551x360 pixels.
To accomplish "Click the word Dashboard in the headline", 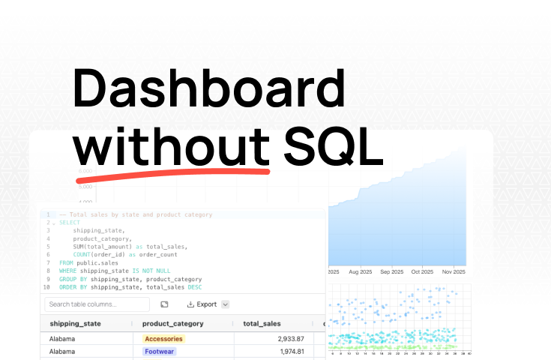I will pyautogui.click(x=210, y=89).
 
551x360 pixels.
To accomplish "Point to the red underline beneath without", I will pyautogui.click(x=172, y=173).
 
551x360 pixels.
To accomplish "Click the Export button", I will pyautogui.click(x=202, y=304).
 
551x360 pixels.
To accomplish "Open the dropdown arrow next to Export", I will pyautogui.click(x=226, y=304).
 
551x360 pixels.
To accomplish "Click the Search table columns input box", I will pyautogui.click(x=97, y=304).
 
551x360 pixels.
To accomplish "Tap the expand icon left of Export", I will pyautogui.click(x=164, y=304).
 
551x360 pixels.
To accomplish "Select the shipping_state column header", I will pyautogui.click(x=75, y=324).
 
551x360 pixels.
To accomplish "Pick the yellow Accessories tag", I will pyautogui.click(x=163, y=339).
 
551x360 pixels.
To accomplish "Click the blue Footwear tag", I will pyautogui.click(x=160, y=352).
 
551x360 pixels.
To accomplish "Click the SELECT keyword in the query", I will pyautogui.click(x=69, y=223).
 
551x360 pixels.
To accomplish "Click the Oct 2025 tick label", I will pyautogui.click(x=422, y=271).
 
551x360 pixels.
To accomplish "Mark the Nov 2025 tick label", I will pyautogui.click(x=453, y=271).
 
